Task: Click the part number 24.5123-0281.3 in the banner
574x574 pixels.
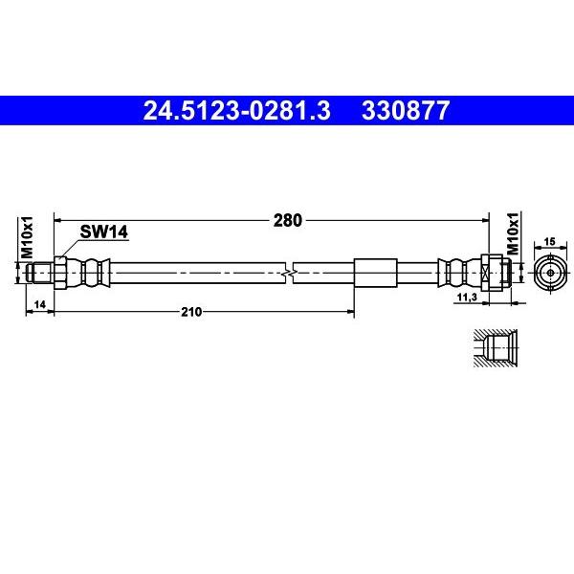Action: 235,112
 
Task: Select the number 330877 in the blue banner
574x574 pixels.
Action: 404,112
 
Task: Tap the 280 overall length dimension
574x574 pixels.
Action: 287,220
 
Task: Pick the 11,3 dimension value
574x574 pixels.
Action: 468,298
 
